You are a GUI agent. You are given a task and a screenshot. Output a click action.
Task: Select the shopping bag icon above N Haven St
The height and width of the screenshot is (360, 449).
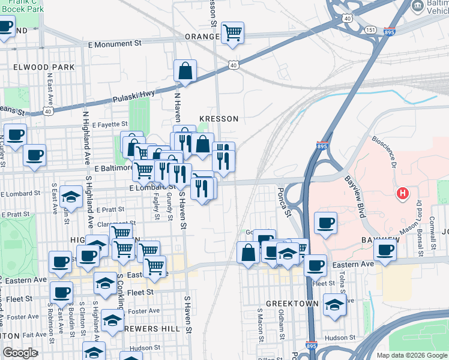pyautogui.click(x=186, y=71)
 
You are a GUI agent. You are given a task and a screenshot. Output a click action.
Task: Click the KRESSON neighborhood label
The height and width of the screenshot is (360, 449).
pyautogui.click(x=220, y=119)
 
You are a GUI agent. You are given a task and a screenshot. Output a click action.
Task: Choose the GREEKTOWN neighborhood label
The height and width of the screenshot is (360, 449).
pyautogui.click(x=292, y=304)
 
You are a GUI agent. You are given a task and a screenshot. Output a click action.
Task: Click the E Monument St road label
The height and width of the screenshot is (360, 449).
pyautogui.click(x=114, y=44)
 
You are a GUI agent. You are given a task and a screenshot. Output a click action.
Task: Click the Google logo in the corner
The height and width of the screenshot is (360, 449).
pyautogui.click(x=20, y=353)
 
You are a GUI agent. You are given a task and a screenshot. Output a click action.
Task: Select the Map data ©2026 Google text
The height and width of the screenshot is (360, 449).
pyautogui.click(x=411, y=355)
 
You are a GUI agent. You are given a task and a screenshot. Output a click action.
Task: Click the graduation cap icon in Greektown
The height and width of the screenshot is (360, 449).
pyautogui.click(x=335, y=305)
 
